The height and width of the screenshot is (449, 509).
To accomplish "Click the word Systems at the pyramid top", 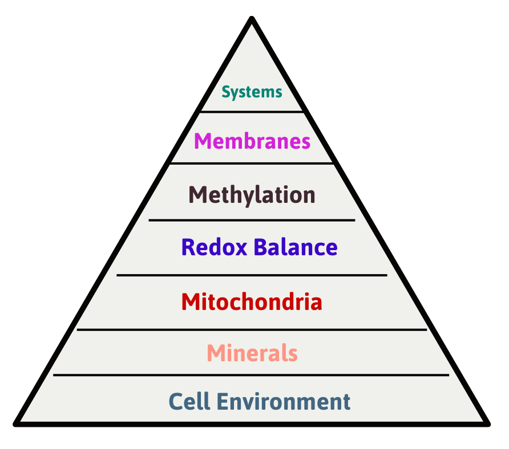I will point(252,92).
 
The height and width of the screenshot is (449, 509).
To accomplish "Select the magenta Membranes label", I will point(252,141).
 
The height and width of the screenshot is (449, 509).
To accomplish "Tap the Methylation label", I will point(252,195).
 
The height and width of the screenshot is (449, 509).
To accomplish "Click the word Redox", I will point(215,247).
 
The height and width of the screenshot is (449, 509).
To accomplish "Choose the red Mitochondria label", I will point(252,301).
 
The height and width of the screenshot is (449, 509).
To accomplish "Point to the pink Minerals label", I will point(252,353).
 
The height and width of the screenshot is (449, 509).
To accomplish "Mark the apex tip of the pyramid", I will point(252,19).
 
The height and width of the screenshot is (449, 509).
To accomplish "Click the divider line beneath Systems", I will point(252,111).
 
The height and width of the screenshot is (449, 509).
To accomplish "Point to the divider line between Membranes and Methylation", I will point(252,164).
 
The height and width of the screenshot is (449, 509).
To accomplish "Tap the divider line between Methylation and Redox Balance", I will point(252,219).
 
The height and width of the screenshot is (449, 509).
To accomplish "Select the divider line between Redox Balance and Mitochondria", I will point(252,275).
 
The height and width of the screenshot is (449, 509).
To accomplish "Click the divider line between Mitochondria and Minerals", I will point(252,329).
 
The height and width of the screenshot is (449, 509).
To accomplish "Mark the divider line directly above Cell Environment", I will point(252,375).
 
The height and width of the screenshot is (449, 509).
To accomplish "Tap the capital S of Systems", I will point(226,92).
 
